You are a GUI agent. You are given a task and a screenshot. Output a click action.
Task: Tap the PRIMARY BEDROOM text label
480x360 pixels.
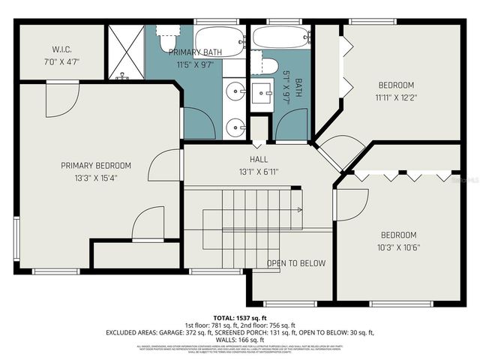[x=96, y=166]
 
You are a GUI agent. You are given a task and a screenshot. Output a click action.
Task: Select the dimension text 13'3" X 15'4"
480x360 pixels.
[x=96, y=178]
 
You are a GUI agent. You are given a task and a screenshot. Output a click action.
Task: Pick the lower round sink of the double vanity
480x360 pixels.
[x=238, y=125]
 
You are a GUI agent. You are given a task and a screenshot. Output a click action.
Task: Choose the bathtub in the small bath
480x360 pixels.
[x=281, y=36]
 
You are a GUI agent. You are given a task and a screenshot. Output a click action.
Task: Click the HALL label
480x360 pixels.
[x=259, y=160]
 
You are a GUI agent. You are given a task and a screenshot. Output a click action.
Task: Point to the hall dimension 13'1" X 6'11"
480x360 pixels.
[x=259, y=172]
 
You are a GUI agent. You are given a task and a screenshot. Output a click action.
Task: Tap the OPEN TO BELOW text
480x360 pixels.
[x=296, y=263]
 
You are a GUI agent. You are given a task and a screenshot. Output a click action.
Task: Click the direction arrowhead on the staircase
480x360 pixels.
[x=301, y=210]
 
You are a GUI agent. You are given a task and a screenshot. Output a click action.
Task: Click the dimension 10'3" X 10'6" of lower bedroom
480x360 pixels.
[x=397, y=246]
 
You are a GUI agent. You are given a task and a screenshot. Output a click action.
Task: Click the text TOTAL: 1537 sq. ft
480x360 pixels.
[x=239, y=318]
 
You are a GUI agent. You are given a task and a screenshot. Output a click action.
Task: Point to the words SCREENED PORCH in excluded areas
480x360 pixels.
[x=259, y=331]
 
